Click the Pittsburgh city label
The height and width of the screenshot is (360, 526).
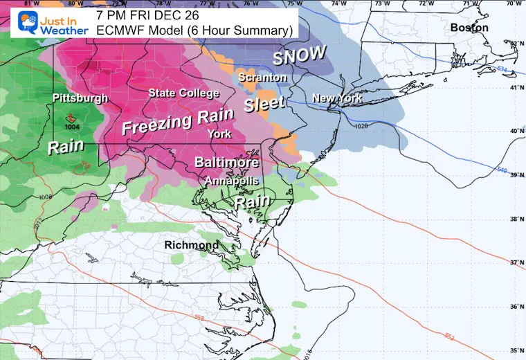(80, 98)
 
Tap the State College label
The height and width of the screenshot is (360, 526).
(184, 93)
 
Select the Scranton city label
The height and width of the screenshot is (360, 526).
(262, 78)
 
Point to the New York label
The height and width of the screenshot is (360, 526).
(338, 99)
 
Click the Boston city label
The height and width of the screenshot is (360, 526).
(469, 28)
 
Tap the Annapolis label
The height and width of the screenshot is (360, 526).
(230, 181)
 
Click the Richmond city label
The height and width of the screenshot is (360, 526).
(192, 245)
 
